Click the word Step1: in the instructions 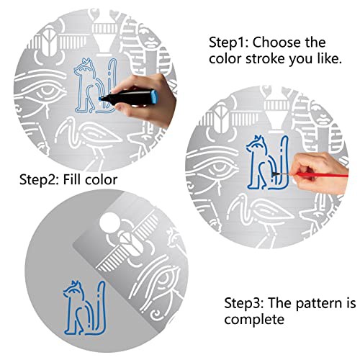pyautogui.click(x=229, y=42)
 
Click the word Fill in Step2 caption pyautogui.click(x=71, y=179)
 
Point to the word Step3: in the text pyautogui.click(x=244, y=303)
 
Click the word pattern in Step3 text pyautogui.click(x=318, y=304)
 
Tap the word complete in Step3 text pyautogui.click(x=254, y=319)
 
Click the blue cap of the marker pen pyautogui.click(x=154, y=96)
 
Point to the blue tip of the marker pyautogui.click(x=100, y=99)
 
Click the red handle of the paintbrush pyautogui.click(x=322, y=175)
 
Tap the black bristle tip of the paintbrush pyautogui.click(x=275, y=174)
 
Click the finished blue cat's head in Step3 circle pyautogui.click(x=73, y=289)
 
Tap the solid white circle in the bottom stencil pyautogui.click(x=110, y=222)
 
